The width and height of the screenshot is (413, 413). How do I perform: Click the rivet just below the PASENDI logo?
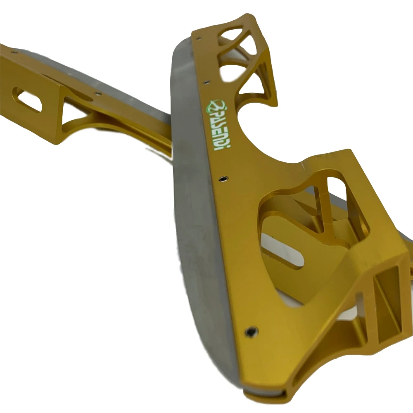point(223,179)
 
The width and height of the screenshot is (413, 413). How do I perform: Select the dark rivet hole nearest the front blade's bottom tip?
point(251,331)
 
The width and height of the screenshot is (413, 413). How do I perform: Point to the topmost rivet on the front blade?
point(199,39)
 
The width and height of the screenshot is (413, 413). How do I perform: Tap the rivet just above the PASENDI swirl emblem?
point(206,83)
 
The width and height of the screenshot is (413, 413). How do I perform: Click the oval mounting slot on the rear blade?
point(27,100)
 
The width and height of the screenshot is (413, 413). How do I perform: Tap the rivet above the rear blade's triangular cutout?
point(98,93)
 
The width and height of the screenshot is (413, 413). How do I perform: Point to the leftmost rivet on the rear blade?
point(14,52)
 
